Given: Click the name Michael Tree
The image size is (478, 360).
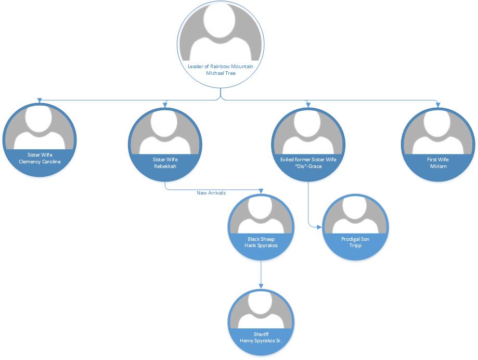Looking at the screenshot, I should pos(221,73).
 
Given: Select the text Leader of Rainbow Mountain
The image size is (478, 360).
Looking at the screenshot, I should pos(221,66).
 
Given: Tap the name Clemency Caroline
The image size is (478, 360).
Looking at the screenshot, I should pos(40,161).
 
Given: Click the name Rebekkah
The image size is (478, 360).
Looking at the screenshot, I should pos(165,166).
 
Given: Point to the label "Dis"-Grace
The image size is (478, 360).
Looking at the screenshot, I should pos(308,166).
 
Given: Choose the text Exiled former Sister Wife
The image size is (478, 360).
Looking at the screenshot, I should pos(308,159).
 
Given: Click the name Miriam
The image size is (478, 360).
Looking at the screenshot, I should pos(438,166).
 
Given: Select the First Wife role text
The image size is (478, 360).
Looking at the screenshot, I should pos(438,159).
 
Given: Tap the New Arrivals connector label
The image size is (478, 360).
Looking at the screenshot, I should pos(211,193).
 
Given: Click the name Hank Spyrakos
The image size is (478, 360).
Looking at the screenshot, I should pos(261,246).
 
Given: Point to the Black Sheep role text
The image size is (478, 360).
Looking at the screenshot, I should pos(261,239).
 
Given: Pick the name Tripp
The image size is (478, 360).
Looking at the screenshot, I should pos(355,246).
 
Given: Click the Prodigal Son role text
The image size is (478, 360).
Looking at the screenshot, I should pos(355,239).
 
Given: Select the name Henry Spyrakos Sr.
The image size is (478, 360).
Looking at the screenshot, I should pos(261,340).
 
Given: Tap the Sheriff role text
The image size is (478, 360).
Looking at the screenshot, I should pos(261,333).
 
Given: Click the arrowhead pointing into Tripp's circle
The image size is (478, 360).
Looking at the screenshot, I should pos(320,226).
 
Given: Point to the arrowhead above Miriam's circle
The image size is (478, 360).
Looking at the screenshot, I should pos(438,105).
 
